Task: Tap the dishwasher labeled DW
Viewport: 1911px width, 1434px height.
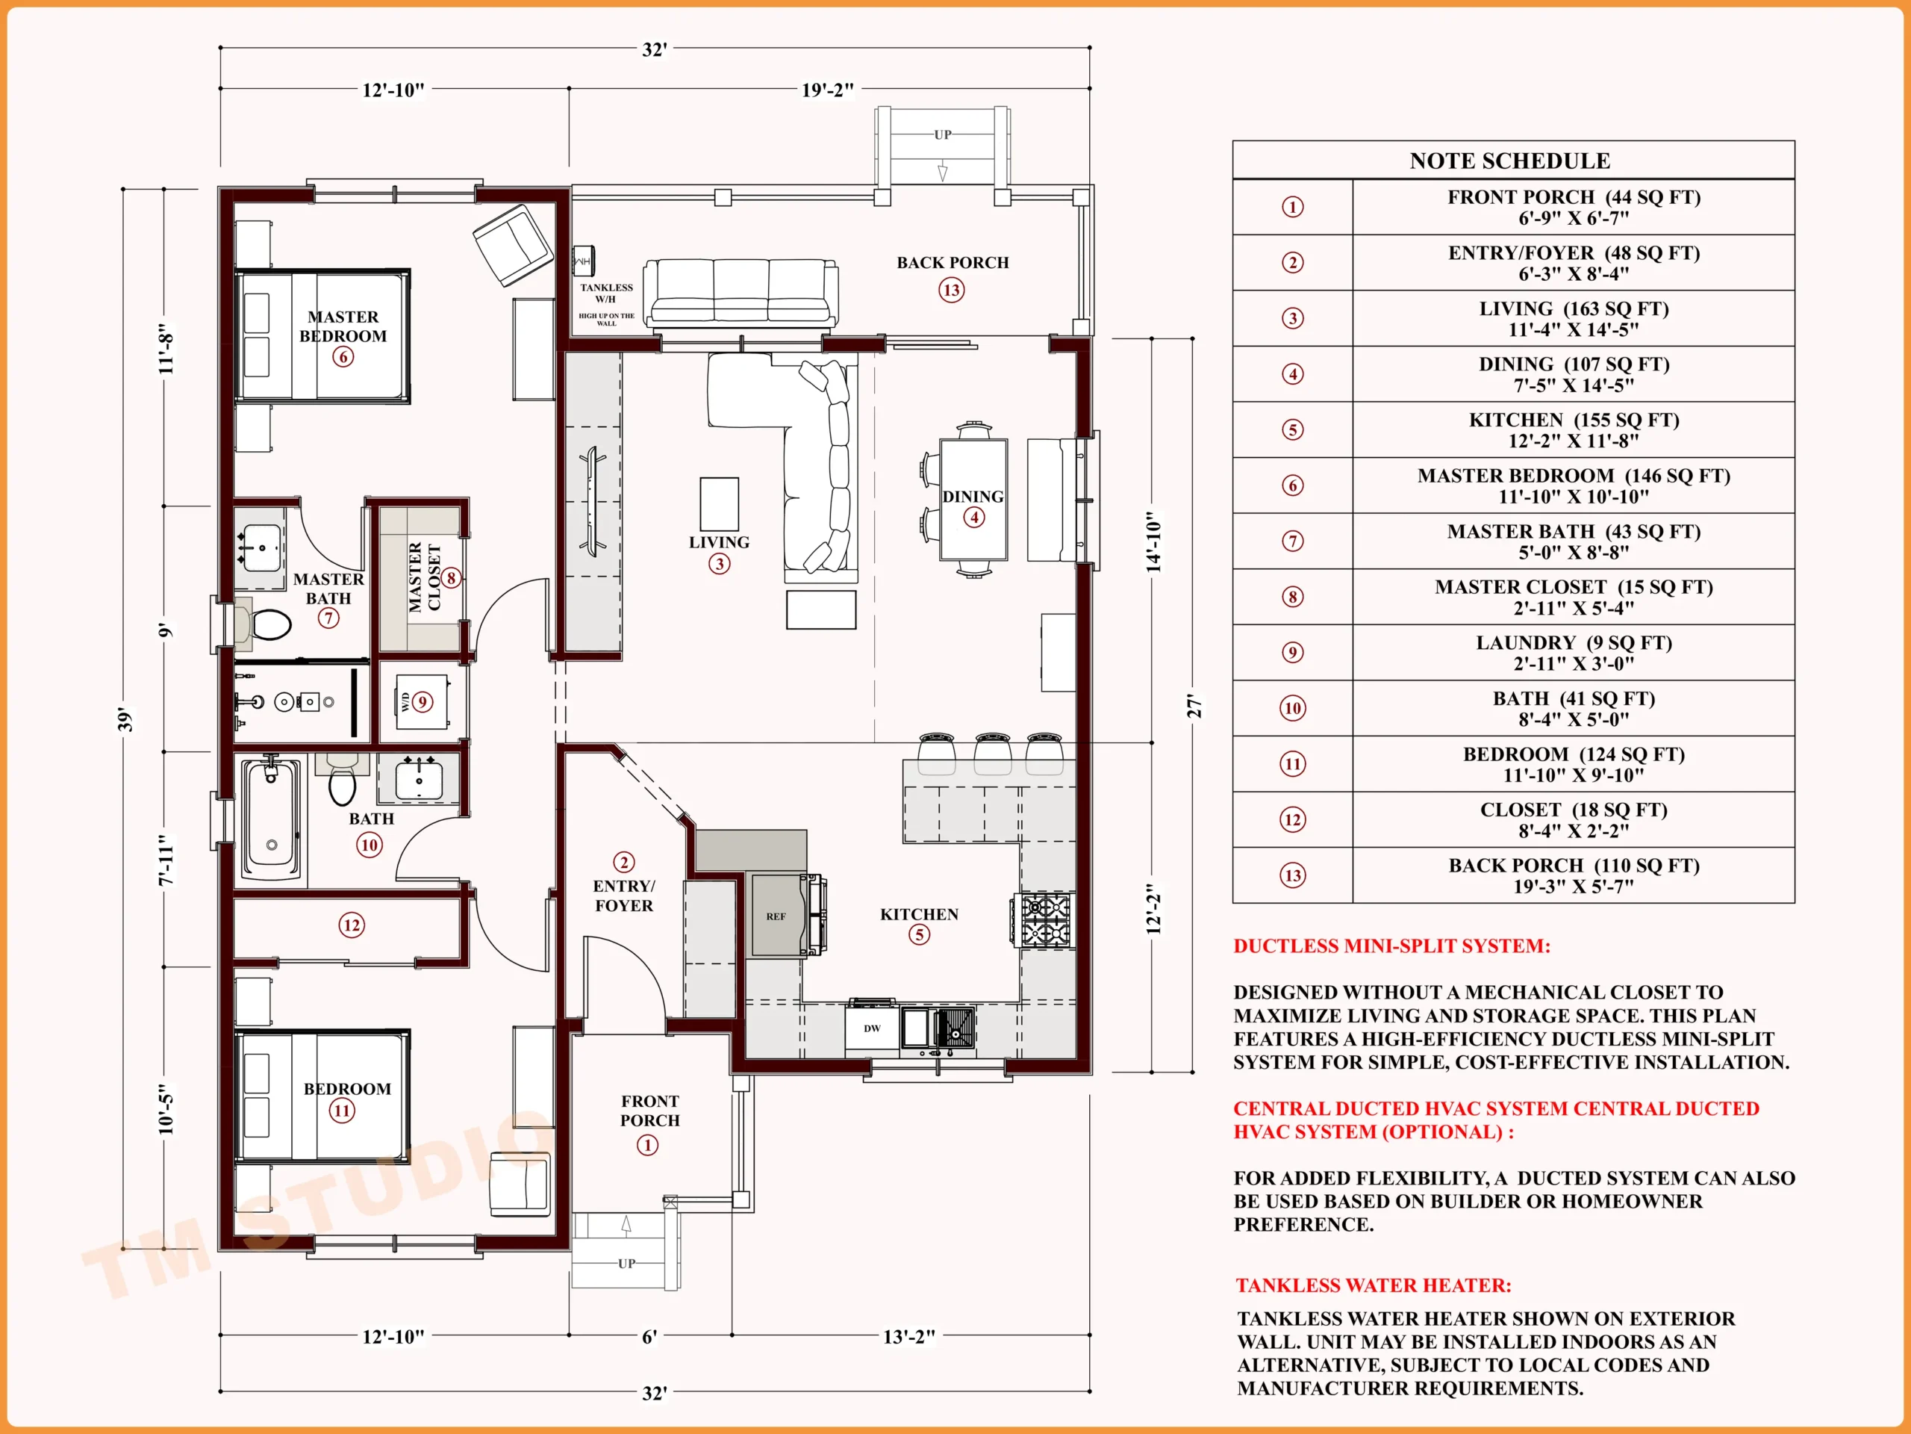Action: pyautogui.click(x=873, y=1028)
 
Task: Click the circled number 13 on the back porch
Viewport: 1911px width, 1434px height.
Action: pyautogui.click(x=952, y=291)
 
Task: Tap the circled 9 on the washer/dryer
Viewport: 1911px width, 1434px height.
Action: pyautogui.click(x=423, y=702)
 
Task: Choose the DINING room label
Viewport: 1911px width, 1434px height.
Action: pyautogui.click(x=973, y=496)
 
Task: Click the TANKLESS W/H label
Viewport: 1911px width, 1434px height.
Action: pyautogui.click(x=605, y=293)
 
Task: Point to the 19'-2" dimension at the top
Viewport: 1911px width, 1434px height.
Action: pyautogui.click(x=828, y=89)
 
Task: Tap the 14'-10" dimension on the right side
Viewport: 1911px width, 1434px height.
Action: pyautogui.click(x=1153, y=541)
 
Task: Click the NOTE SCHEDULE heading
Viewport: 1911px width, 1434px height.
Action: pyautogui.click(x=1510, y=161)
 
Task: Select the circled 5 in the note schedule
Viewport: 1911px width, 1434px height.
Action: pyautogui.click(x=1292, y=429)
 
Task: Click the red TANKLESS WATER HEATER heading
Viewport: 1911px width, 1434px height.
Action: pyautogui.click(x=1374, y=1285)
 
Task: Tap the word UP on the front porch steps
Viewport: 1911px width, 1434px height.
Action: pyautogui.click(x=626, y=1264)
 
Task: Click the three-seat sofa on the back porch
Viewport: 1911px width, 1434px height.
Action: pyautogui.click(x=741, y=294)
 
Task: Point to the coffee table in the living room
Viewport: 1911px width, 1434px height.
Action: pyautogui.click(x=719, y=504)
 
